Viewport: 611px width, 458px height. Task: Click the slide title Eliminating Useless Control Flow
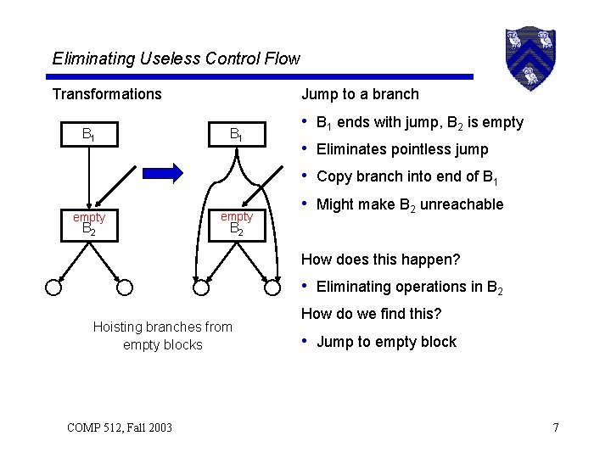tap(176, 59)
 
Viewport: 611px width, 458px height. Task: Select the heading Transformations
tap(106, 94)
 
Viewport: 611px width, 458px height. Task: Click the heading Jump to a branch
tap(360, 94)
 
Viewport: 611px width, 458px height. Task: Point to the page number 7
tap(555, 427)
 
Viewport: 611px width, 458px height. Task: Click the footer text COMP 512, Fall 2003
tap(119, 427)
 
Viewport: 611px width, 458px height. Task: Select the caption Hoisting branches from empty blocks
tap(162, 336)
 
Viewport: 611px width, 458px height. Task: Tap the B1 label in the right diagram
tap(237, 134)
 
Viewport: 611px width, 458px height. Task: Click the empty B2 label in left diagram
tap(88, 223)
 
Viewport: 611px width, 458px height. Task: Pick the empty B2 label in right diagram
tap(237, 223)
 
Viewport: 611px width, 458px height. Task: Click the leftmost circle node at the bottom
tap(53, 287)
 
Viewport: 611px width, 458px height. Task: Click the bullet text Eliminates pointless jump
tap(401, 150)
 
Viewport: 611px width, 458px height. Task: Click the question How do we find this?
tap(371, 314)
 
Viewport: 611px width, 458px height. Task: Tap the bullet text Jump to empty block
tap(386, 343)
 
